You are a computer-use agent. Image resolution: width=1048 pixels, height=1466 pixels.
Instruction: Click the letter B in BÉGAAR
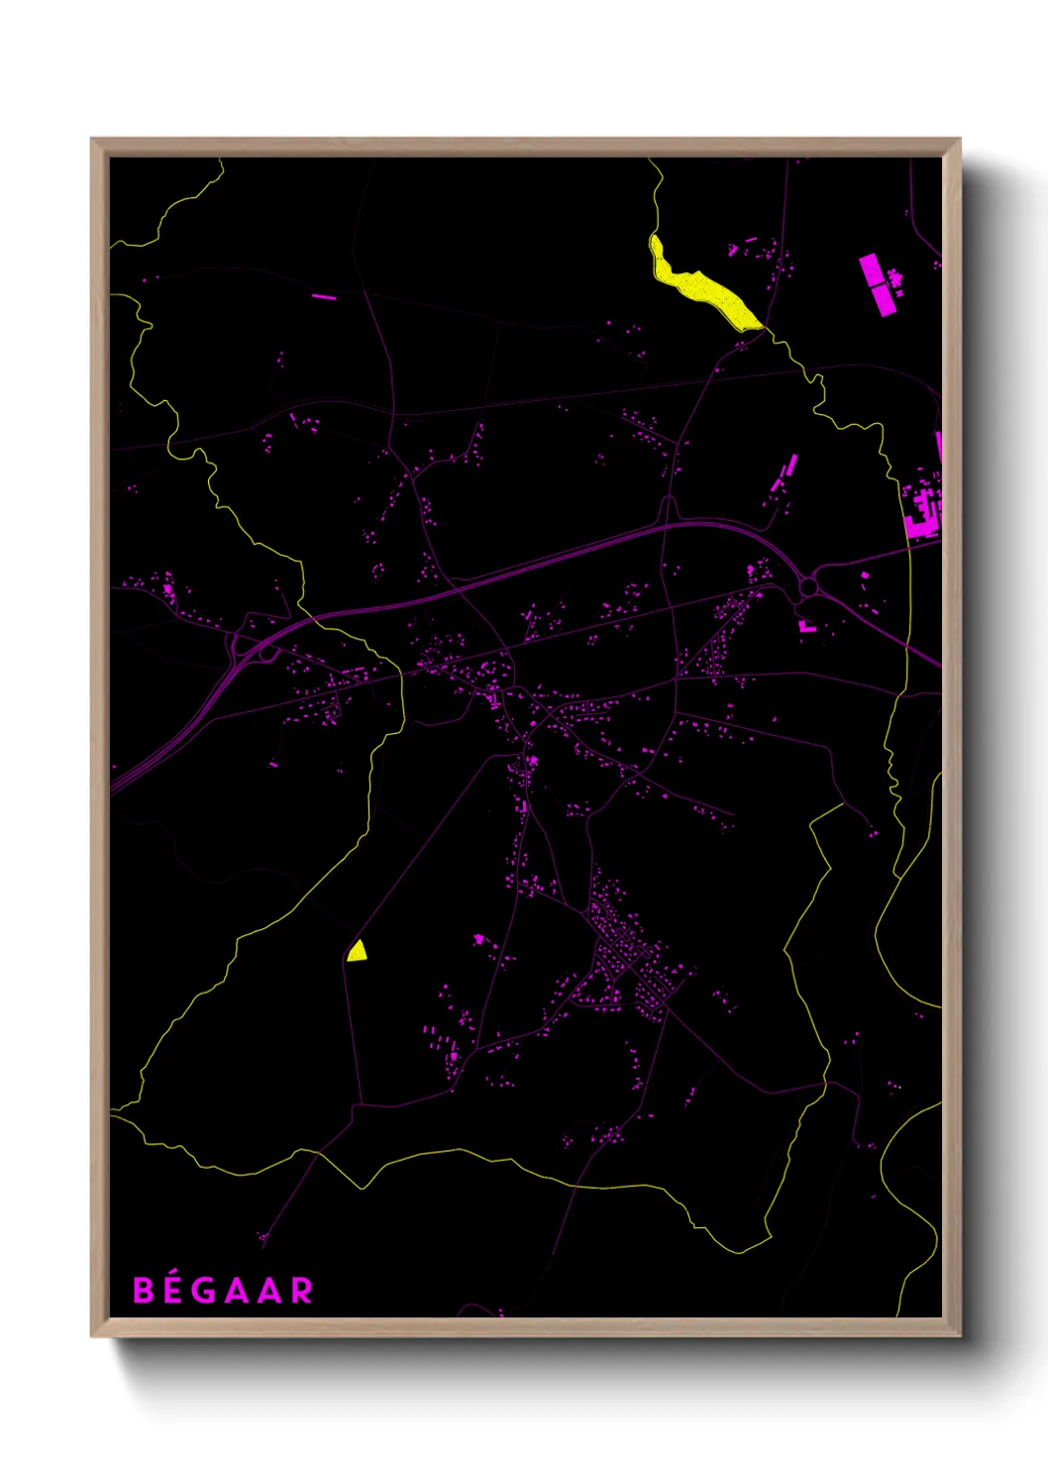coord(144,1291)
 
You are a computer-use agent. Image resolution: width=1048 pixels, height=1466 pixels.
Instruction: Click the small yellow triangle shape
coord(358,952)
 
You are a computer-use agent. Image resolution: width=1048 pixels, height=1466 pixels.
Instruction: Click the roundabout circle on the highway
coord(808,588)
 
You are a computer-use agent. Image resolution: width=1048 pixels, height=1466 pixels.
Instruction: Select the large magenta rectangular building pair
coord(877,284)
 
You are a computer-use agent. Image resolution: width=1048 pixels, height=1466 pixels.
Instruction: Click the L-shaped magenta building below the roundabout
coord(806,626)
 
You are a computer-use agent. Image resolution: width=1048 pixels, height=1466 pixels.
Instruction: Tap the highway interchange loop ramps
coord(248,650)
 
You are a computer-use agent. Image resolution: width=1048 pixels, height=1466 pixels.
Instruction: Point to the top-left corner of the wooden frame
coord(92,140)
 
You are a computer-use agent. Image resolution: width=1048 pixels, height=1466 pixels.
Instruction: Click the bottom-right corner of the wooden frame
coord(959,1335)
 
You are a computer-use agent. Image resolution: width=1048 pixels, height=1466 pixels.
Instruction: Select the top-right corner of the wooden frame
coord(959,140)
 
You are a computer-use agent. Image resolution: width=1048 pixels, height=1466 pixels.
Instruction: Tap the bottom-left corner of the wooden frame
coord(92,1335)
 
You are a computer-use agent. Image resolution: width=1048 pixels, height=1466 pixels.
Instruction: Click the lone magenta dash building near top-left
coord(324,296)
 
